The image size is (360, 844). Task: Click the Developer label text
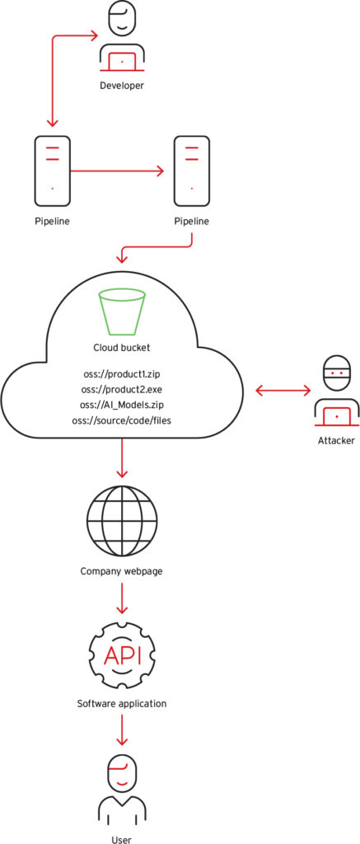(122, 85)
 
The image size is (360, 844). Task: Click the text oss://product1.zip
(122, 373)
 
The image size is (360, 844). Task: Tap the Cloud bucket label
(122, 348)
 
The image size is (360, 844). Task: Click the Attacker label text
(336, 441)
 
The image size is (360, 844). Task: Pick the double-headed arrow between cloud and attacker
(283, 391)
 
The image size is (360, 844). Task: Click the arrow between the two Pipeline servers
(117, 171)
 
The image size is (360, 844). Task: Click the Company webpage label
(122, 570)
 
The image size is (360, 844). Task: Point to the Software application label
(122, 703)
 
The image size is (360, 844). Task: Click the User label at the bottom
(122, 838)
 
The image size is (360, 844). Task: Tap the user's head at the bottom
(122, 773)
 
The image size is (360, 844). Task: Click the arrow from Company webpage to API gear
(122, 598)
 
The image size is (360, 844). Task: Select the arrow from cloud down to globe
(122, 457)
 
